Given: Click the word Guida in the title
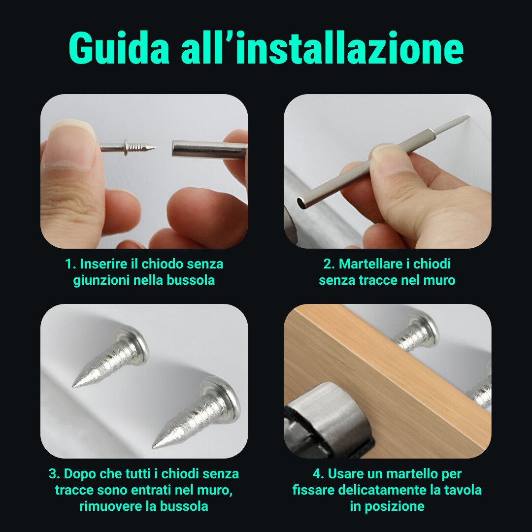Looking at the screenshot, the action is (x=119, y=48).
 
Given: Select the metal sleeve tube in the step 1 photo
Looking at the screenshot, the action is (x=210, y=149).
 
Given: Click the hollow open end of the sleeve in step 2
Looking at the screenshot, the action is (x=301, y=203).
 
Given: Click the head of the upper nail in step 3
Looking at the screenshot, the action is (x=133, y=344).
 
